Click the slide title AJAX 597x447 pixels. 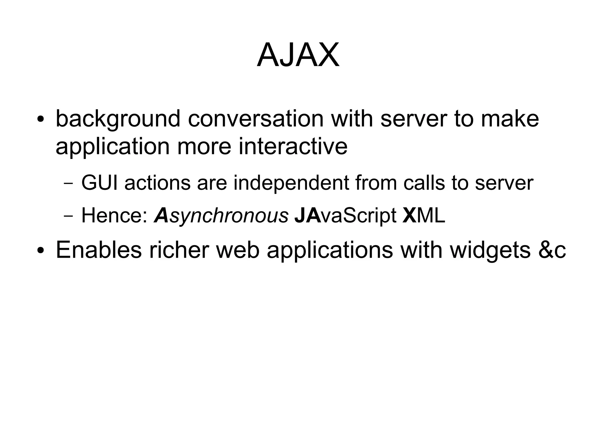(298, 55)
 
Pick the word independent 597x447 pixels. (291, 183)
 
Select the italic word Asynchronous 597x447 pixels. (221, 216)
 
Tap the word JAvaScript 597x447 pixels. (345, 216)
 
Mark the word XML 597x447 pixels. (424, 215)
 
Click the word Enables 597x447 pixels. (99, 250)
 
